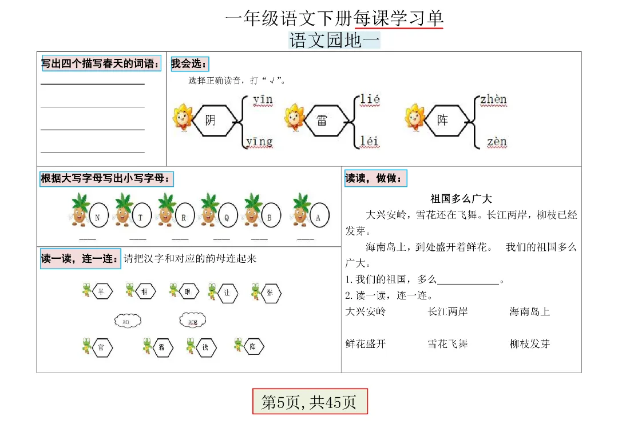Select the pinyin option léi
[370, 141]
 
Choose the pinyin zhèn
[493, 100]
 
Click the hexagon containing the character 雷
[322, 121]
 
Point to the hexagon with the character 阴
[211, 121]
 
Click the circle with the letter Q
[227, 217]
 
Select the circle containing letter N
[98, 217]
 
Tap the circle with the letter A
[318, 217]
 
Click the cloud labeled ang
[193, 321]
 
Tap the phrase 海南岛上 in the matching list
[530, 312]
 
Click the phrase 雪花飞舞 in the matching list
[447, 344]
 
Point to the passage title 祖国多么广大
[461, 199]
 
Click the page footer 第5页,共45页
[310, 402]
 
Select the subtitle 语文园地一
[334, 41]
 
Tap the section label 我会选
[189, 63]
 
